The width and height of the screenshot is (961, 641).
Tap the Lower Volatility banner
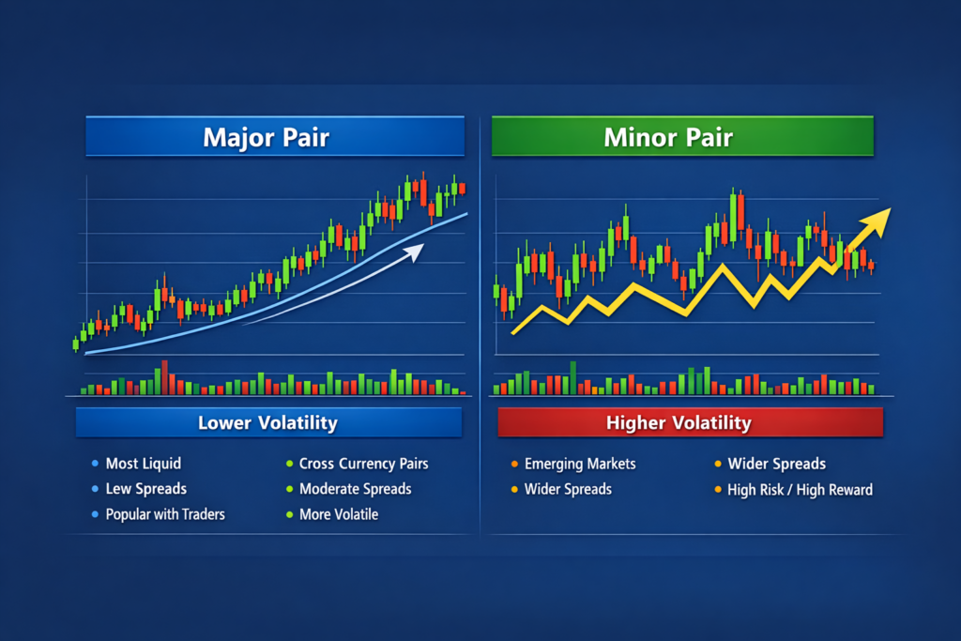click(267, 422)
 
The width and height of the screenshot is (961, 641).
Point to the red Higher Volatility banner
click(679, 423)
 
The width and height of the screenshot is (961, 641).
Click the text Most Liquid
click(144, 464)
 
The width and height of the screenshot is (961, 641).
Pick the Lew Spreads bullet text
click(146, 489)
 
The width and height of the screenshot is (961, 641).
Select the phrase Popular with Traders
click(165, 514)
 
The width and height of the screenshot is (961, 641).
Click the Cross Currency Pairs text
click(364, 464)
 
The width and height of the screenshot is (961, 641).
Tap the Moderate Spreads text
click(356, 489)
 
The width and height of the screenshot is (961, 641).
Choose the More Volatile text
click(339, 514)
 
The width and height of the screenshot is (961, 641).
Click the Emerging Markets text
click(580, 464)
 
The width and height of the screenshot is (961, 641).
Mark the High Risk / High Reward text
click(801, 489)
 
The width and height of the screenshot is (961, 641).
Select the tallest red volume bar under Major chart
click(165, 377)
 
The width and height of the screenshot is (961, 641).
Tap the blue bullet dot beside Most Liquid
click(96, 464)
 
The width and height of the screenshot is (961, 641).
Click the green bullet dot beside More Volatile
click(289, 514)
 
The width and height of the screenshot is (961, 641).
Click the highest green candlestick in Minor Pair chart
click(731, 207)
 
